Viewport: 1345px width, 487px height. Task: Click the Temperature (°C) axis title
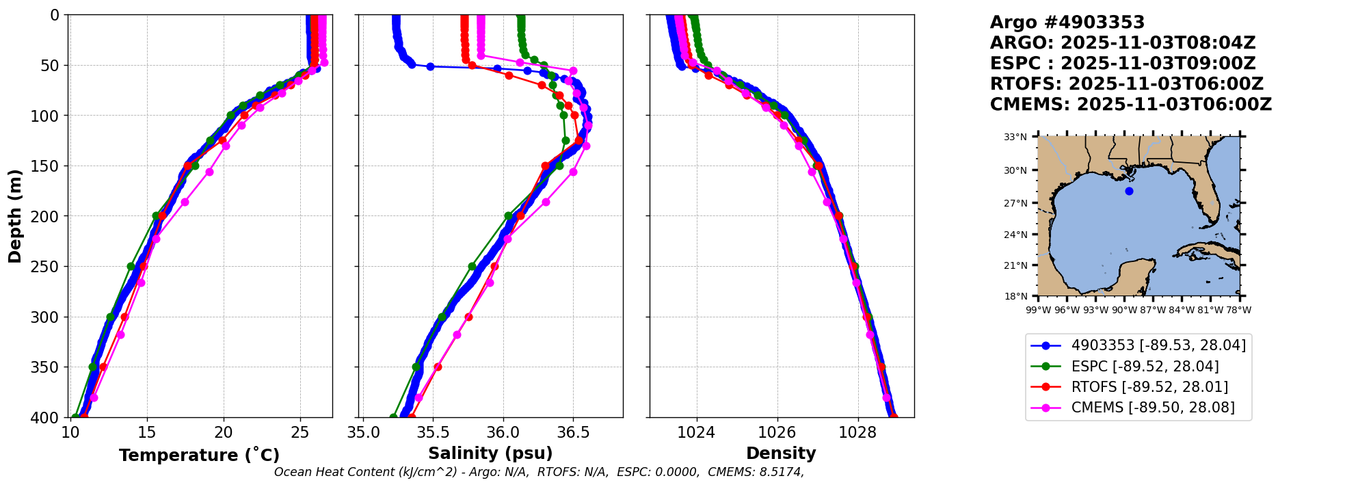coord(199,455)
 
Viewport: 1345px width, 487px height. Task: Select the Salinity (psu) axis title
coord(490,453)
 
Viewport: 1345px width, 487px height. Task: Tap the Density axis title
coord(781,453)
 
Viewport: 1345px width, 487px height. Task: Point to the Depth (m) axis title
coord(15,215)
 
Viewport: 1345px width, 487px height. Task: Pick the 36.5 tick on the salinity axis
coord(573,432)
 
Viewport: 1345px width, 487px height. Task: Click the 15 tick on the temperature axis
coord(147,432)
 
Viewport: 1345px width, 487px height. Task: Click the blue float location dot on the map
coord(1129,191)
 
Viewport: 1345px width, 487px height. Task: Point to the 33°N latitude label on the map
coord(1015,137)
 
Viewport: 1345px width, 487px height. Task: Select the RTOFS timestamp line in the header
coord(1127,84)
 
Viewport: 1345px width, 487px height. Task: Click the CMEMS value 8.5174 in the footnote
coord(781,472)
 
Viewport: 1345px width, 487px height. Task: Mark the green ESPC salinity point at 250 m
coord(472,266)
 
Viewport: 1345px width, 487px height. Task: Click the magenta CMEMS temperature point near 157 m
coord(209,172)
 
